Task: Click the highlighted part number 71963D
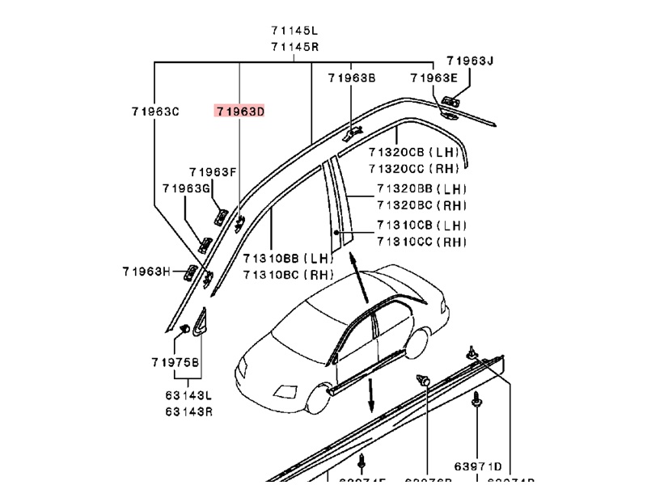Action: [x=239, y=112]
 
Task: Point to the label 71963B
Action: [x=352, y=78]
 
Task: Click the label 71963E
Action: [x=433, y=78]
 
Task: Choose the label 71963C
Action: [x=155, y=112]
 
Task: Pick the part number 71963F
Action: [x=213, y=172]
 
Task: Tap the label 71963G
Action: [x=185, y=188]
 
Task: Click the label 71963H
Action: [x=146, y=272]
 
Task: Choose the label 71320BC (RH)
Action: [x=421, y=205]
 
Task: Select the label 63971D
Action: [x=477, y=466]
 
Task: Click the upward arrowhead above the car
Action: [x=354, y=258]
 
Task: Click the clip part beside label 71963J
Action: [x=450, y=102]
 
